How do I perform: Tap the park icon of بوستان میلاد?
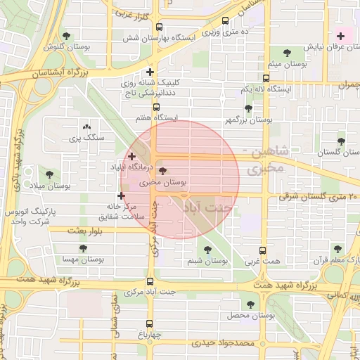point(49,174)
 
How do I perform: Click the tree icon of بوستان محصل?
point(250,304)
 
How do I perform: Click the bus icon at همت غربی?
point(263,250)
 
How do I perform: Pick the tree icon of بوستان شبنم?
point(207,249)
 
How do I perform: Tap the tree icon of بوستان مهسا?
point(83,247)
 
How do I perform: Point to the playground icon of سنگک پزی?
point(86,126)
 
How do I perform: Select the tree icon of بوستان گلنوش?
point(66,35)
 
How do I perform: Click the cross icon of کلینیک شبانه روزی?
point(150,72)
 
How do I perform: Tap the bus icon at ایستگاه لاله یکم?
point(265,78)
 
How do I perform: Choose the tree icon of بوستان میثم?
point(286,52)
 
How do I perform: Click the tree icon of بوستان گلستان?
point(341,141)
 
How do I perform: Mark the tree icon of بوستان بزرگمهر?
point(248,108)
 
